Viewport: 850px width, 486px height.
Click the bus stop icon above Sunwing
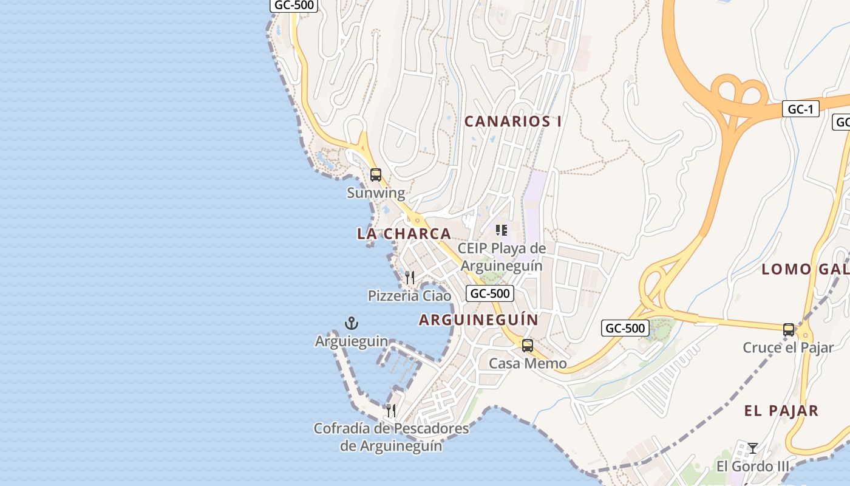(376, 175)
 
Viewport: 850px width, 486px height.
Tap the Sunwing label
(376, 193)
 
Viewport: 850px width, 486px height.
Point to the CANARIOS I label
(513, 122)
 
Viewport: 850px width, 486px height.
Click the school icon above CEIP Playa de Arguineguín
(501, 230)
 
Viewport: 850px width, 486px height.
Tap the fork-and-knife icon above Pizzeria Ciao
(410, 278)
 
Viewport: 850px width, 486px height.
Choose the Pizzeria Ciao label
(410, 296)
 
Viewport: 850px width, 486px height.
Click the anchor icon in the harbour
(352, 323)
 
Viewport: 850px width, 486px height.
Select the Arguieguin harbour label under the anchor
(352, 341)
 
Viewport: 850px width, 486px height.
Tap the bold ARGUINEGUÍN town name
(478, 320)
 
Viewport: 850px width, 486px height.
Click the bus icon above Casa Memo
(528, 346)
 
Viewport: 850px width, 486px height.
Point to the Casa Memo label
(528, 364)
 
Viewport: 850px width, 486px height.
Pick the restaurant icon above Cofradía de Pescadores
(391, 411)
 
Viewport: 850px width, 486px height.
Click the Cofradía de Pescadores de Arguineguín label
(391, 437)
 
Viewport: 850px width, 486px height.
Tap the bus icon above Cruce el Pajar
(789, 330)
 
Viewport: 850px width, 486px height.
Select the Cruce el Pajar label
(788, 348)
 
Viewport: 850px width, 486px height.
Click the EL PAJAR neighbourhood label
(781, 411)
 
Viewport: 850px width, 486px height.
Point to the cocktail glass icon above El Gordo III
(753, 448)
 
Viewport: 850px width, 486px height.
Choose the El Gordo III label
(753, 467)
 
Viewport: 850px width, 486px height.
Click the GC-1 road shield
(800, 109)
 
